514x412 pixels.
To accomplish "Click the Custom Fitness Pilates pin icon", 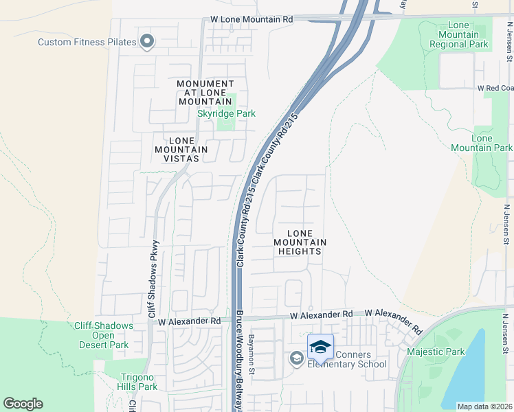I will (146, 43).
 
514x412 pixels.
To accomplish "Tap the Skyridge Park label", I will (226, 113).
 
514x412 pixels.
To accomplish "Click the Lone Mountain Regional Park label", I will (458, 35).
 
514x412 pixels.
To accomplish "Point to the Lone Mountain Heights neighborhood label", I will (300, 242).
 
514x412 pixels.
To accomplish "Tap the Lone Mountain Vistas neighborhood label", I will (181, 149).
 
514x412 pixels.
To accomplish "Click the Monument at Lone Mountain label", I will (205, 93).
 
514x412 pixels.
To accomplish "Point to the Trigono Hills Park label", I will (130, 382).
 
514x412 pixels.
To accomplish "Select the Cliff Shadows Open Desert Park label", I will (102, 335).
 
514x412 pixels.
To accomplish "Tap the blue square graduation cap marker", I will (320, 346).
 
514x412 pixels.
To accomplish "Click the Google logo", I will (23, 404).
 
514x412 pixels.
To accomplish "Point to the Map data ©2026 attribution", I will (484, 407).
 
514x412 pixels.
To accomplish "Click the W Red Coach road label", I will (495, 89).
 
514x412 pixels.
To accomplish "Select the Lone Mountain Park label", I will (482, 143).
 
